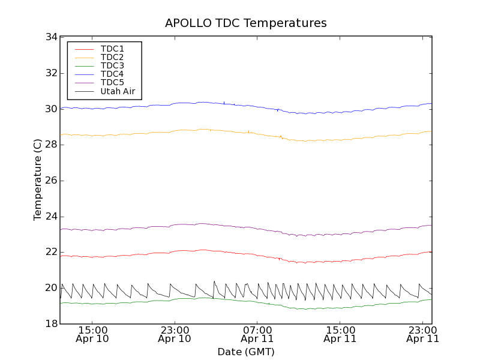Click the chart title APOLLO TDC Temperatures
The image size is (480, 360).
click(x=246, y=23)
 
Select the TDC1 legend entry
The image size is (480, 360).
click(x=112, y=49)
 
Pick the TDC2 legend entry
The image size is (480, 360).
click(x=112, y=57)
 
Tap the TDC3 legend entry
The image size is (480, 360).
click(x=112, y=65)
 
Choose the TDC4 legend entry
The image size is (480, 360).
click(x=112, y=74)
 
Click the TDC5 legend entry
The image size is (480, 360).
click(x=112, y=82)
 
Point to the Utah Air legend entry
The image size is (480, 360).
click(x=118, y=91)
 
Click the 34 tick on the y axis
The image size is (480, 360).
click(x=51, y=37)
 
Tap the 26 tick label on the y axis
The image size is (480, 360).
click(x=51, y=181)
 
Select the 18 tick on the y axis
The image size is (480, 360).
click(x=51, y=324)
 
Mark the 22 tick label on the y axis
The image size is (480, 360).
click(x=51, y=252)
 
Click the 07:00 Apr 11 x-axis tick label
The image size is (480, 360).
click(x=257, y=334)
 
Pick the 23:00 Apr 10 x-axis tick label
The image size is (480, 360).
click(x=175, y=334)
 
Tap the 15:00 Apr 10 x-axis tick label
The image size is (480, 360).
click(x=92, y=334)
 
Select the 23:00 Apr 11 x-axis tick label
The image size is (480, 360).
click(x=422, y=334)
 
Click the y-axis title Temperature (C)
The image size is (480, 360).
click(x=38, y=180)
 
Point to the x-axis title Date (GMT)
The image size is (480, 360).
click(x=246, y=352)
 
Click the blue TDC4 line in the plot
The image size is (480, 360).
click(x=150, y=106)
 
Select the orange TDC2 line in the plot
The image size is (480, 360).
click(x=150, y=132)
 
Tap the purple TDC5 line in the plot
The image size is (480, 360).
click(x=150, y=227)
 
